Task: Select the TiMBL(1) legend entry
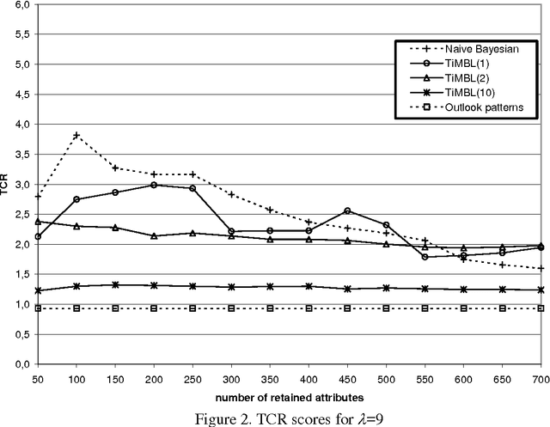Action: point(465,66)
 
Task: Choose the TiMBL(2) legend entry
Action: point(465,81)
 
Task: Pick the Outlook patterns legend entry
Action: point(478,110)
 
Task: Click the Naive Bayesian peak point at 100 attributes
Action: point(76,136)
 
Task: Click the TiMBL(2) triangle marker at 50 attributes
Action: point(38,222)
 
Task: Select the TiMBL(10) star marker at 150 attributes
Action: point(115,285)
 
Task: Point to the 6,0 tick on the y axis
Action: point(19,5)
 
